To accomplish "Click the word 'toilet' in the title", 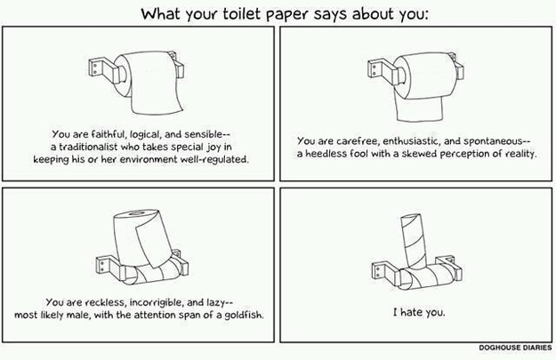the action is (x=242, y=14).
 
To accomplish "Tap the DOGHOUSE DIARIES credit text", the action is (x=515, y=348).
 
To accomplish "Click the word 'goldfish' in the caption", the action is (x=244, y=315).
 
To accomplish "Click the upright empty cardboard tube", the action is (x=414, y=240).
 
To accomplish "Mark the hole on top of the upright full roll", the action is (x=136, y=213).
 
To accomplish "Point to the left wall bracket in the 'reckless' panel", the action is (x=109, y=269).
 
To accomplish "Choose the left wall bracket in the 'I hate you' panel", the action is (x=385, y=273).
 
